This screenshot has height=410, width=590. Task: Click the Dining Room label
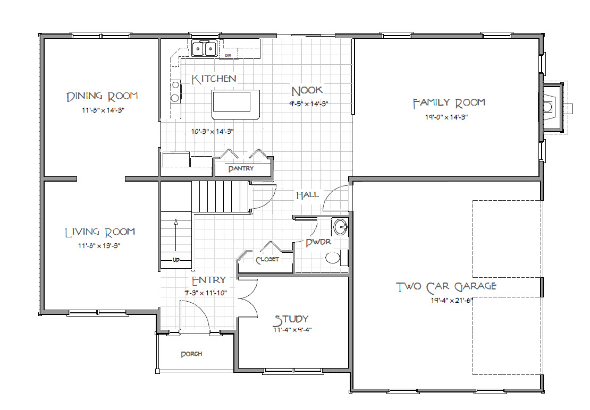(102, 97)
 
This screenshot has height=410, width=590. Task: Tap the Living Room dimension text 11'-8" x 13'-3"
(99, 246)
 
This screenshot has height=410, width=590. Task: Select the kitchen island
(236, 105)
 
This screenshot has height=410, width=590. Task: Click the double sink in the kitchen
(204, 48)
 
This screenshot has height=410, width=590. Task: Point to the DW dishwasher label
(227, 56)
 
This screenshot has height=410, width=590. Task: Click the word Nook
(307, 91)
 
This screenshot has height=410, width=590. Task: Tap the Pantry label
(241, 169)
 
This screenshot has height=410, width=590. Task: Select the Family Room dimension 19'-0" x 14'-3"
(446, 117)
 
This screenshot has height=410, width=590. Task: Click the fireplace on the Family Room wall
(552, 108)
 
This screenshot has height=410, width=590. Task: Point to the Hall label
(307, 195)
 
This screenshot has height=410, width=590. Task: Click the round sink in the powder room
(341, 227)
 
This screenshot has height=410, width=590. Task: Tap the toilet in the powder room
(336, 258)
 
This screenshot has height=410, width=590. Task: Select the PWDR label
(318, 242)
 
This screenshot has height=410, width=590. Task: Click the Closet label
(267, 260)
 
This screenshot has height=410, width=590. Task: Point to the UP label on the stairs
(176, 260)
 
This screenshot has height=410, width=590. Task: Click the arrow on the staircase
(176, 235)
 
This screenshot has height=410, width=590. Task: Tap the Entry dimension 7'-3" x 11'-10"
(206, 293)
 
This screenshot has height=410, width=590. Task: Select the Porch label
(191, 354)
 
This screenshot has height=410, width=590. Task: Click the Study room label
(291, 320)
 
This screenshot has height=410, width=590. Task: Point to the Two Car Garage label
(446, 287)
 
